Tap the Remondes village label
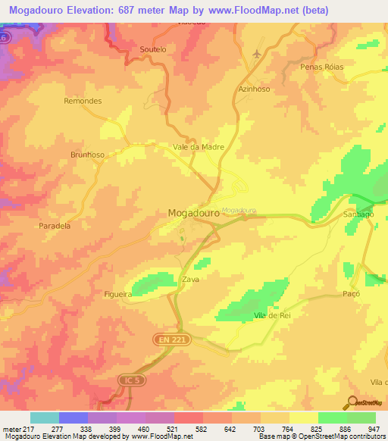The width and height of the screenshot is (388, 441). point(83,101)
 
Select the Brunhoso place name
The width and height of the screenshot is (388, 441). point(87,154)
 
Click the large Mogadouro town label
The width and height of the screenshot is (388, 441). point(193,214)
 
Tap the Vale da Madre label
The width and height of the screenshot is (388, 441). point(199,147)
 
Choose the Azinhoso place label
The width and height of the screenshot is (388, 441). point(254,89)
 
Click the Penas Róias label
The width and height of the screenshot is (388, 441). point(322,67)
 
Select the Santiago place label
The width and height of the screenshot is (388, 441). point(359,214)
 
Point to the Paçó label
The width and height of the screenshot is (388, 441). point(351,293)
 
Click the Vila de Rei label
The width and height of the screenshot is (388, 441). point(273,315)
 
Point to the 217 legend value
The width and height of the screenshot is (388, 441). point(22,429)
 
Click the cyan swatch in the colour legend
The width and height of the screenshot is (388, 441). point(44,418)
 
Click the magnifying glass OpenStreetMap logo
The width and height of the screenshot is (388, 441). point(352,403)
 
